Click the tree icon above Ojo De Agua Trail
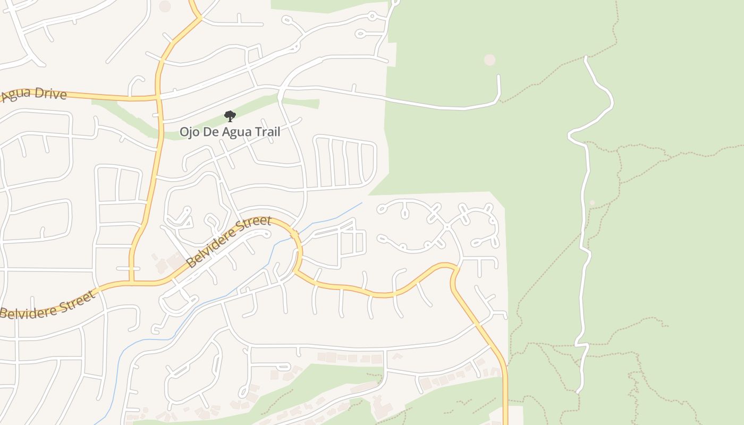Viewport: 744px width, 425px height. [x=230, y=116]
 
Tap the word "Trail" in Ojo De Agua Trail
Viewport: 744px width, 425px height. [x=266, y=131]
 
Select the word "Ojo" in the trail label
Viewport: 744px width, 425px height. [x=190, y=131]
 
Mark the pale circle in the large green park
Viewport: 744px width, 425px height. [x=489, y=60]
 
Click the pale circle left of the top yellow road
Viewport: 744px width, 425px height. [x=165, y=6]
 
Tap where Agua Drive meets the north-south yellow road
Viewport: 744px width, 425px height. [x=158, y=97]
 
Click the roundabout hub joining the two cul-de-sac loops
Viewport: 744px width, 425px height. [x=447, y=227]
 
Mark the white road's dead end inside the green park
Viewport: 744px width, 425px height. [x=498, y=76]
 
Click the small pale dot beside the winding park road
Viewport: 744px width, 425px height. [x=592, y=202]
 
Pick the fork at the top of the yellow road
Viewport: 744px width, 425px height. [x=200, y=18]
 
